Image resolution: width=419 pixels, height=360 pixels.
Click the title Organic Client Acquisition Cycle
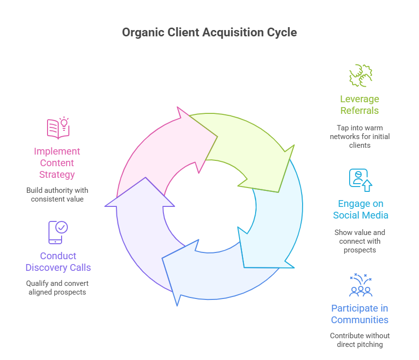click(209, 32)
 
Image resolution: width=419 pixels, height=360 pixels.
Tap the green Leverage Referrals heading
click(359, 105)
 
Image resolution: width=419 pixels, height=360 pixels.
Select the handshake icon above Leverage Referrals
click(361, 76)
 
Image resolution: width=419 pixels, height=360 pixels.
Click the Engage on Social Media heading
click(360, 209)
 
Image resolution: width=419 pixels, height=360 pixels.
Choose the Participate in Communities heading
click(359, 314)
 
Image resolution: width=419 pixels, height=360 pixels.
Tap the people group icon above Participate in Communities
click(360, 285)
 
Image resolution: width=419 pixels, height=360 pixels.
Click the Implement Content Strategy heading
click(57, 163)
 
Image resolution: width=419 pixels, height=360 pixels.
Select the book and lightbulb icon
click(58, 128)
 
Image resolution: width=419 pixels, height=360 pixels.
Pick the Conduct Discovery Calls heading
click(58, 262)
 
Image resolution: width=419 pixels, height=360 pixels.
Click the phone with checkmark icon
click(58, 233)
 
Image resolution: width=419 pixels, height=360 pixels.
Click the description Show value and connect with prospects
click(360, 241)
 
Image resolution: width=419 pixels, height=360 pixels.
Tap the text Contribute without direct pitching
click(360, 340)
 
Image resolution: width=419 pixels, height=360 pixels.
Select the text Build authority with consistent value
click(57, 194)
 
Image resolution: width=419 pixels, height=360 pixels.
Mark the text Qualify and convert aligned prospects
click(58, 287)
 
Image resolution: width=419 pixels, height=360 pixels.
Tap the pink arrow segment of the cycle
click(160, 150)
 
